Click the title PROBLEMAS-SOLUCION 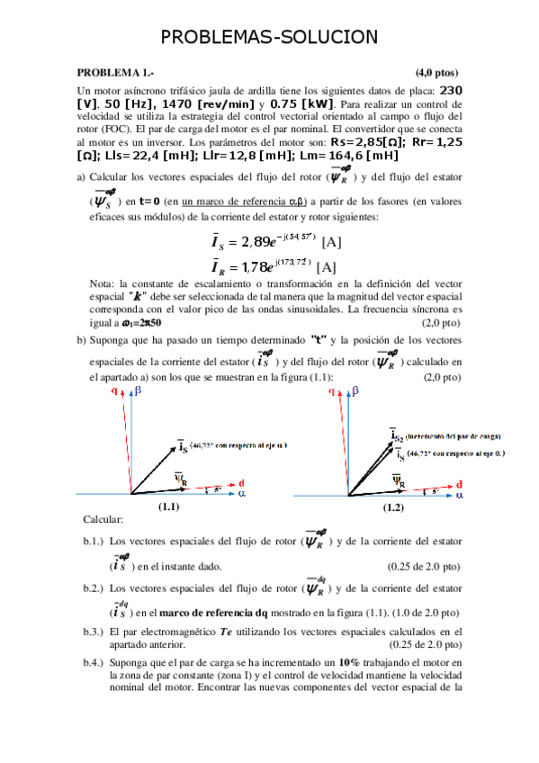coord(269,37)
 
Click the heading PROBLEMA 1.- coord(113,72)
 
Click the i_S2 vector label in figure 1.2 coord(397,435)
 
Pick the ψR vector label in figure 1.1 coord(179,476)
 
